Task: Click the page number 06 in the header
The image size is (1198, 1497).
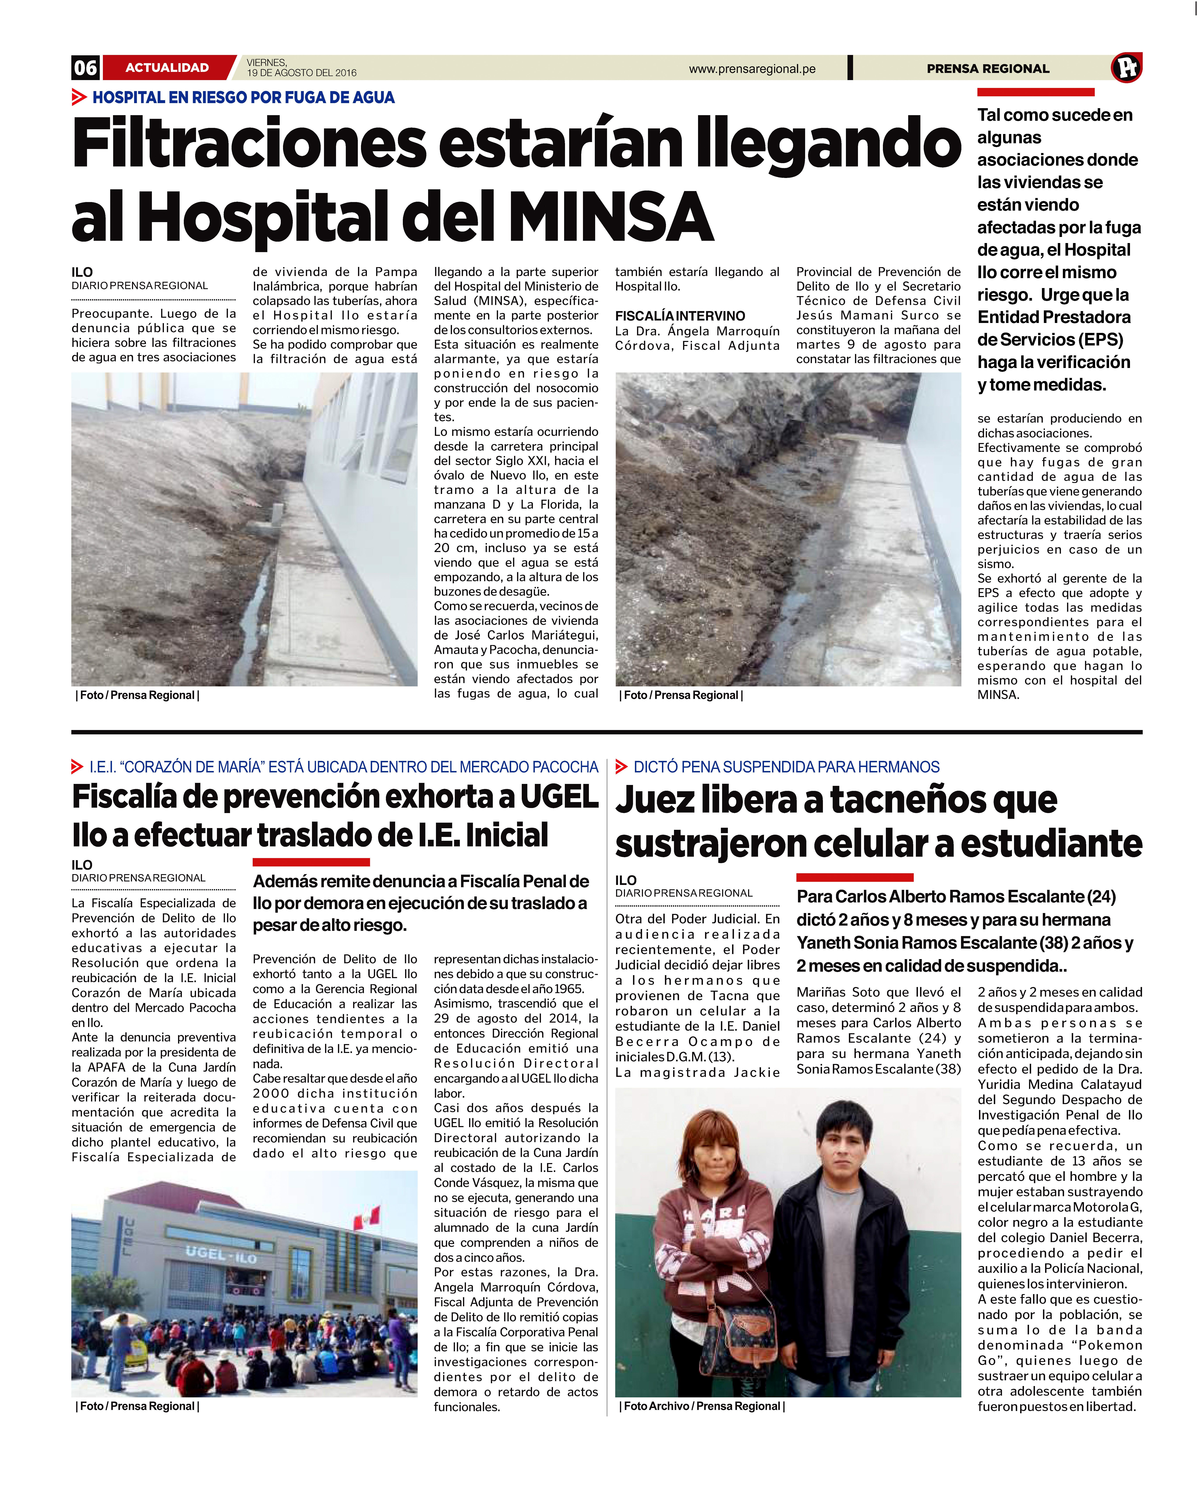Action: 85,67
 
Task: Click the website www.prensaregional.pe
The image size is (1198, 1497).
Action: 752,69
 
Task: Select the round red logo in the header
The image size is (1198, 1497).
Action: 1126,67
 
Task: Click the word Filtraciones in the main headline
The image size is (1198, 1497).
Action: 250,144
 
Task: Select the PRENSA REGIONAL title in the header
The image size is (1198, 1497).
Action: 988,69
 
